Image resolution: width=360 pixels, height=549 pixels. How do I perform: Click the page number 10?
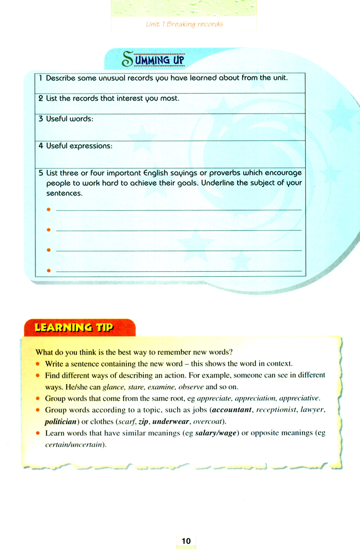[184, 540]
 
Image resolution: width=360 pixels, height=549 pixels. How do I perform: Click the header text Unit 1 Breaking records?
[184, 24]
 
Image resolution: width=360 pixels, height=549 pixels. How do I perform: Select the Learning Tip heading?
[74, 328]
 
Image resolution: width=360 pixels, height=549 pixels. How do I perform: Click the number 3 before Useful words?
[41, 119]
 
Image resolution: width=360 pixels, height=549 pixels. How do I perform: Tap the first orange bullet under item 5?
[49, 210]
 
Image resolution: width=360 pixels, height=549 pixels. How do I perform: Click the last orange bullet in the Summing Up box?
[49, 271]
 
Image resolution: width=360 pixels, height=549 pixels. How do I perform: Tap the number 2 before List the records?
[41, 99]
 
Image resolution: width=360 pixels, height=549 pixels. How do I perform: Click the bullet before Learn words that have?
[38, 433]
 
